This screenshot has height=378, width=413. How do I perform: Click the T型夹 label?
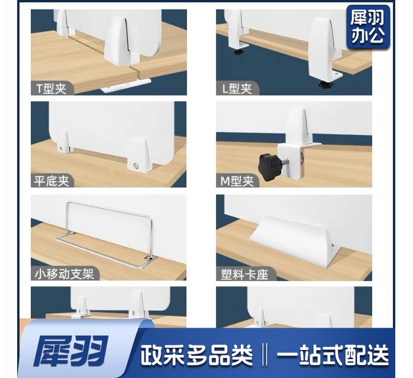(53, 89)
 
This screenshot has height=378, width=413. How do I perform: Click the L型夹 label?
(237, 89)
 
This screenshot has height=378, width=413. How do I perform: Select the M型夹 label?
(237, 181)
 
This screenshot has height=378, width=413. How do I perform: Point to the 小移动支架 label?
(66, 273)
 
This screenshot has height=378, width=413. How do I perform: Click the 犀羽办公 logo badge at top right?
(367, 27)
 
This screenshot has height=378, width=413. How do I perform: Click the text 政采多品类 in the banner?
(196, 356)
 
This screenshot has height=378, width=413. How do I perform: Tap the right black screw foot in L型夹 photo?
(325, 84)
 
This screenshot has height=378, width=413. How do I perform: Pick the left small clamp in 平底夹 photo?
(62, 145)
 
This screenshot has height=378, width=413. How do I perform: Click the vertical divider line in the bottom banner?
(264, 356)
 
